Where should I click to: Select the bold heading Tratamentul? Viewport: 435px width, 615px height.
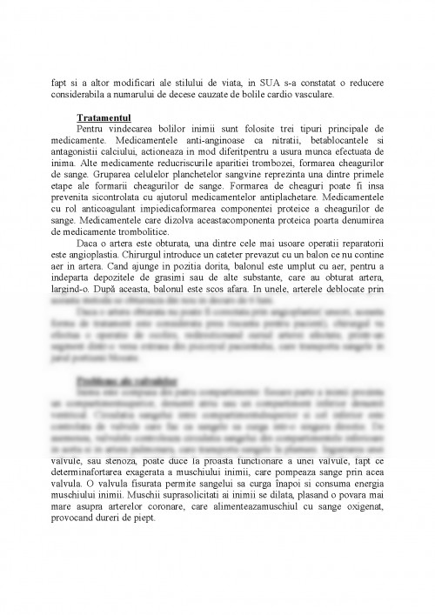pyautogui.click(x=103, y=117)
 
